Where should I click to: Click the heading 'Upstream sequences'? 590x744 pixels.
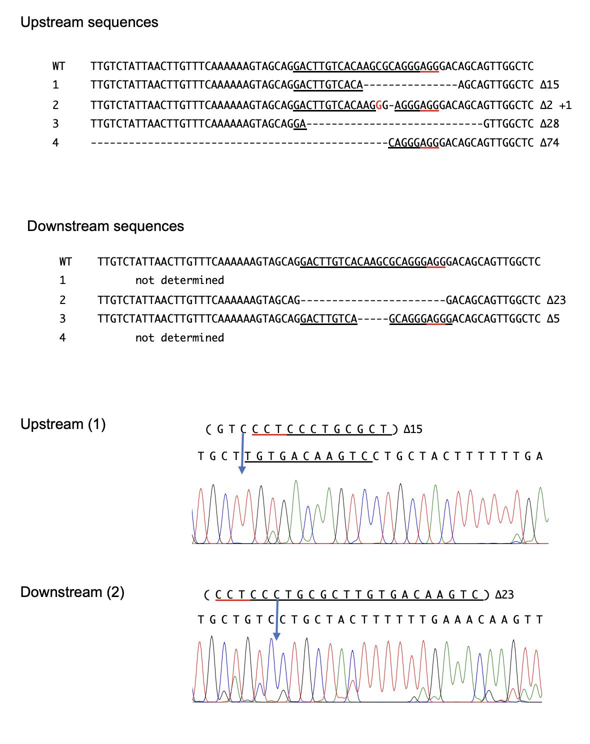click(x=89, y=22)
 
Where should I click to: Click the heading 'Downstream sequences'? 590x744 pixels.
click(x=105, y=226)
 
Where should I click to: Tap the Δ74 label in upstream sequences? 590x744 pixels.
click(x=549, y=143)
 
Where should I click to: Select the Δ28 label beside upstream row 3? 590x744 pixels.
click(x=549, y=124)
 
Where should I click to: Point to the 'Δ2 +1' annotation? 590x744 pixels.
click(x=556, y=105)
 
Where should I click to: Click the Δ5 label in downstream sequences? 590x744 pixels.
click(x=553, y=319)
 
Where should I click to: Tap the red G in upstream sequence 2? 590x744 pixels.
click(x=378, y=105)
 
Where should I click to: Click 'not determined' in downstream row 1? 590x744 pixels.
click(x=179, y=280)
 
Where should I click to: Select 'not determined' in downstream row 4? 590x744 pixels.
click(x=179, y=337)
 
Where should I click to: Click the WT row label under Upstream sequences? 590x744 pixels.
click(x=59, y=66)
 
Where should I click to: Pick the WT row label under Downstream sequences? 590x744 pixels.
click(x=65, y=261)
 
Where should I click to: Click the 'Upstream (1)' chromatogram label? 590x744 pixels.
click(x=63, y=424)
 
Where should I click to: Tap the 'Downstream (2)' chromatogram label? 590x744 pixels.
click(x=72, y=592)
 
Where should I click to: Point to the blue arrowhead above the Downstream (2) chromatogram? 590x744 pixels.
click(x=276, y=636)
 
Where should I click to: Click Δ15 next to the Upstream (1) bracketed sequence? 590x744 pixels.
click(x=413, y=429)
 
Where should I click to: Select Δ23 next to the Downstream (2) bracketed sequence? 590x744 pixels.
click(x=504, y=594)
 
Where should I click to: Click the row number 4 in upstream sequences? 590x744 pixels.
click(x=55, y=143)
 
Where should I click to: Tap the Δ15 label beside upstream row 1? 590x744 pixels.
click(x=549, y=84)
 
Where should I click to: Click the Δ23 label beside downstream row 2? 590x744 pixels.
click(x=556, y=300)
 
